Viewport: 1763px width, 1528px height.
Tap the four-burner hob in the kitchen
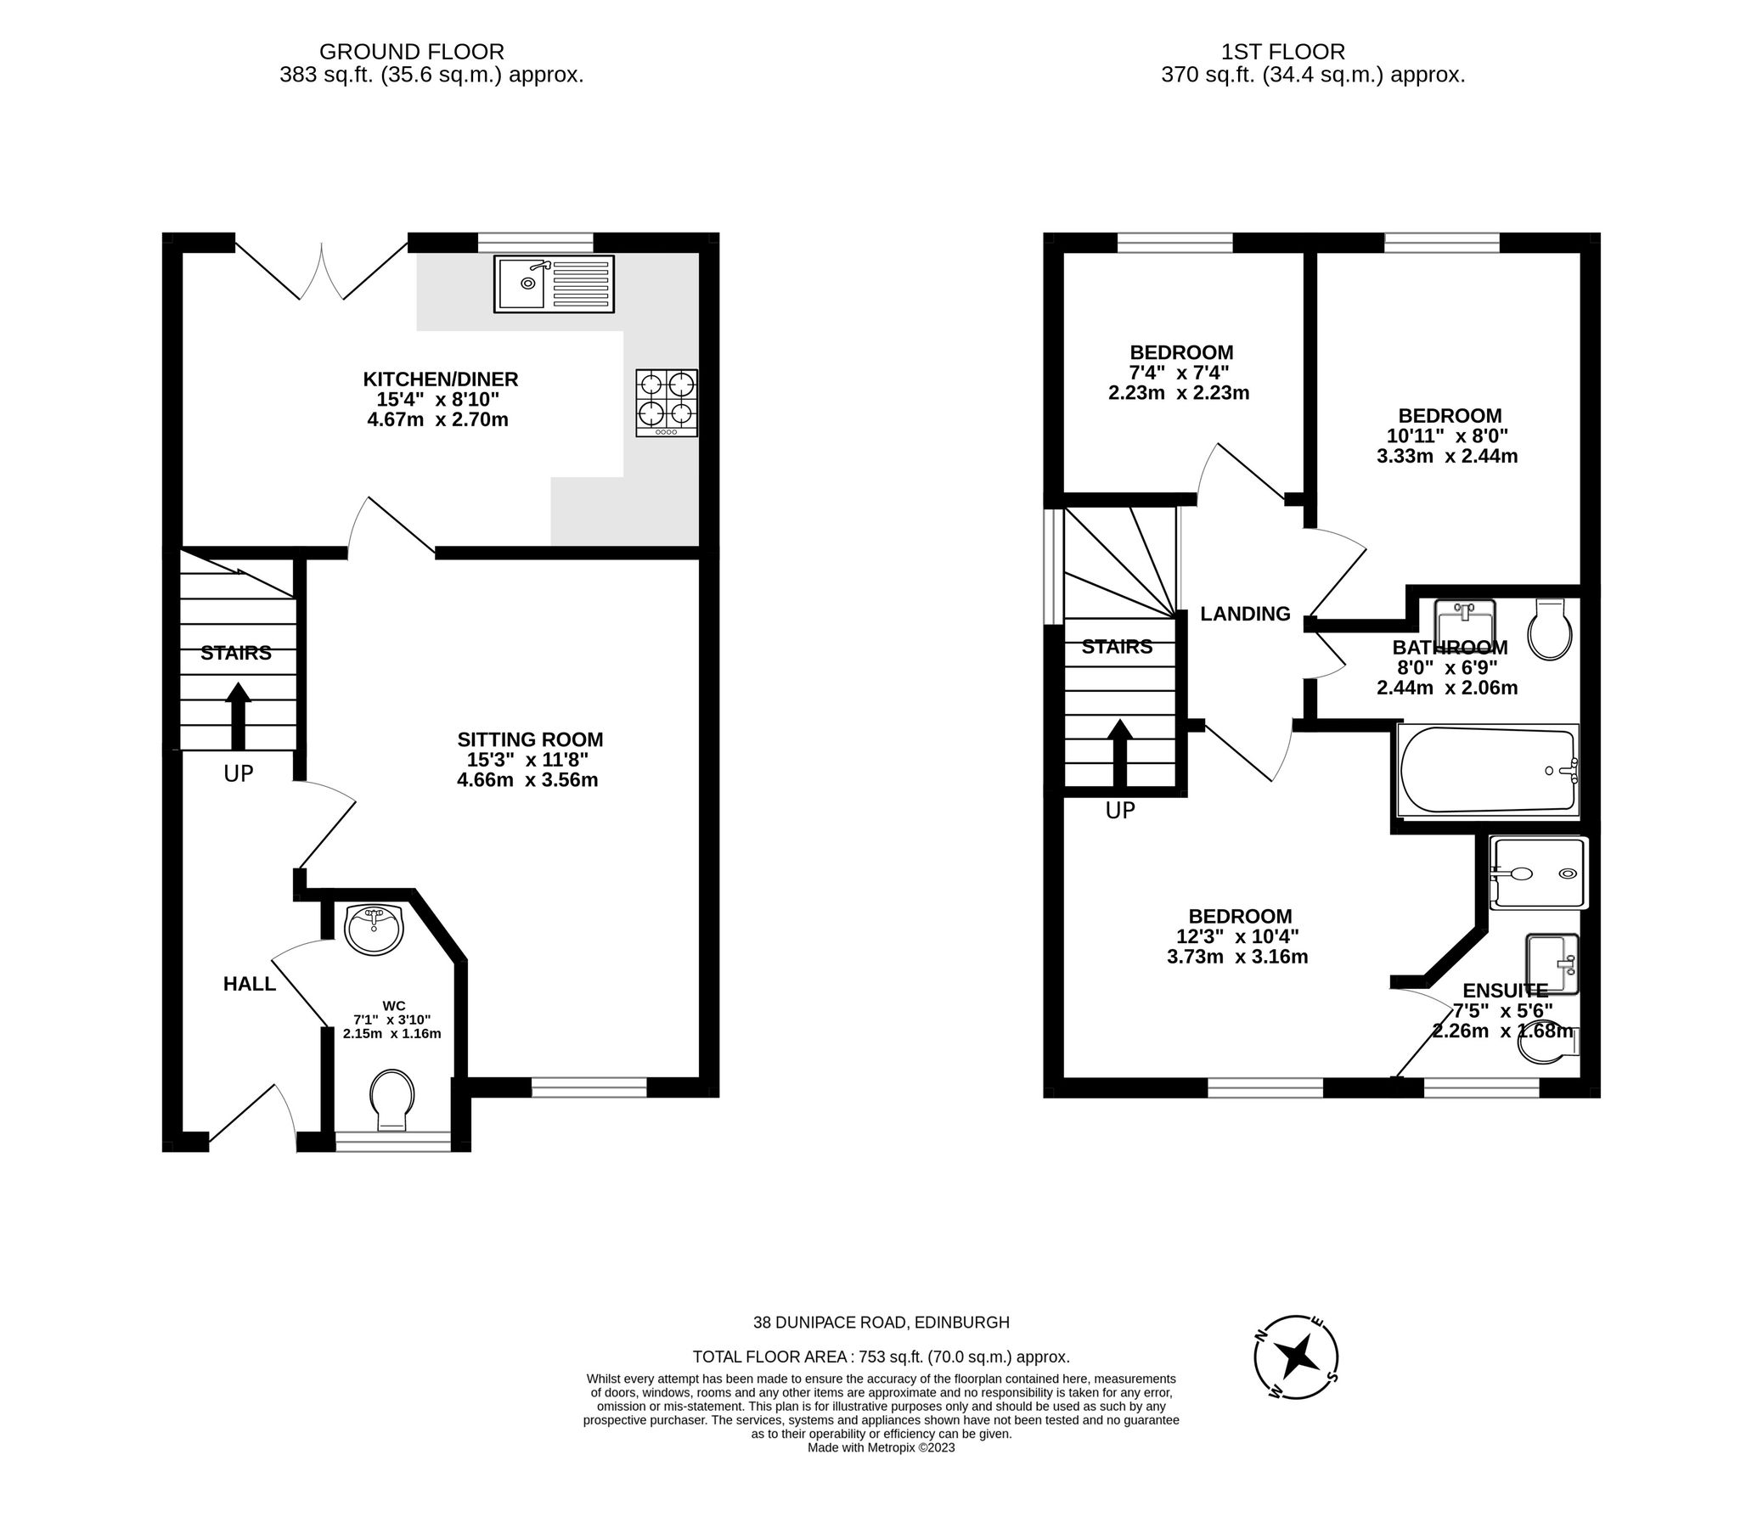coord(666,402)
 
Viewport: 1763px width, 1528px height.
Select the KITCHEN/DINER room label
coord(440,379)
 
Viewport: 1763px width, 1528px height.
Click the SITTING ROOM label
coord(530,739)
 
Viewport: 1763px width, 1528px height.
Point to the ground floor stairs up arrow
coord(238,716)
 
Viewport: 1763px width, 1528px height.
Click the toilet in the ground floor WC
coord(392,1100)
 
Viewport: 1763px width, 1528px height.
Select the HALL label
coord(249,984)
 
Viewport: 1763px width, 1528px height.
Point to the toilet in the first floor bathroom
coord(1549,629)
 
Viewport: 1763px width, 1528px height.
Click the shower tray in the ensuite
coord(1538,873)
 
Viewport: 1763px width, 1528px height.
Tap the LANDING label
coord(1244,614)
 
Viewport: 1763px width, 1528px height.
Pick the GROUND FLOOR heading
coord(411,52)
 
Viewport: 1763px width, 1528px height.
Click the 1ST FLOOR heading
coord(1313,52)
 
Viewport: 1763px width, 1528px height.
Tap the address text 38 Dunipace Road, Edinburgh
coord(881,1323)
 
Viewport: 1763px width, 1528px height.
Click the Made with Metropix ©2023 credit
coord(881,1447)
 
